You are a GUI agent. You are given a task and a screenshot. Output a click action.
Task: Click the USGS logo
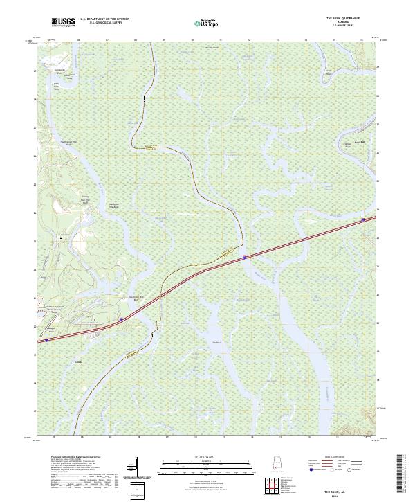64,22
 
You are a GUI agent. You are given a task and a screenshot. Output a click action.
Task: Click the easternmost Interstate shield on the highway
364,220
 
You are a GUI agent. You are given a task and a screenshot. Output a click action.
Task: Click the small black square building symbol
61,237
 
